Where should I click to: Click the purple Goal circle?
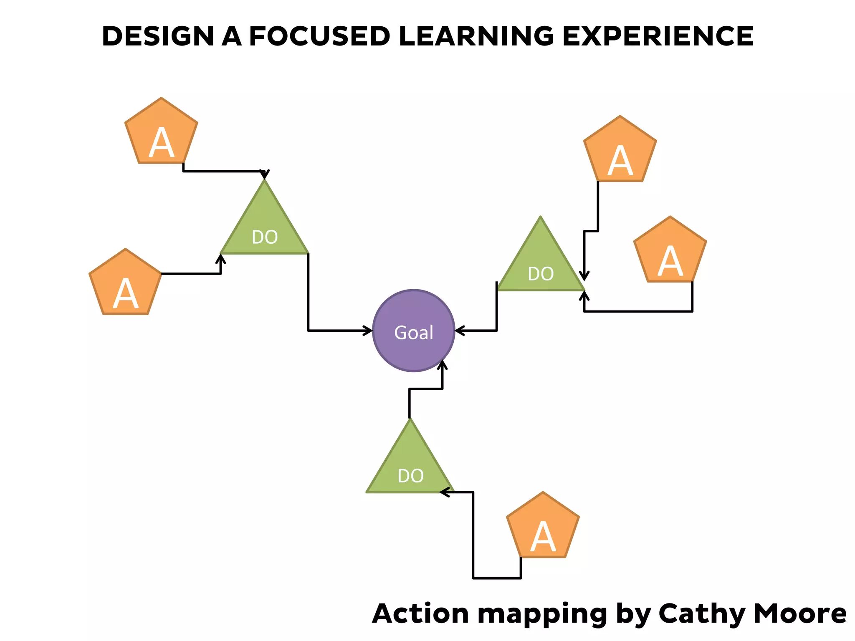413,331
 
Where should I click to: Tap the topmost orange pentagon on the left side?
161,134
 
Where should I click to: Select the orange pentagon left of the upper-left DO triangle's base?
125,285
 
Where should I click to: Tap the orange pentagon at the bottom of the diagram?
543,528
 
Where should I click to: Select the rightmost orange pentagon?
670,252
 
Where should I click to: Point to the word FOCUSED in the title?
319,36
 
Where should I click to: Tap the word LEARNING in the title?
476,36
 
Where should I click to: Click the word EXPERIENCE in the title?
658,36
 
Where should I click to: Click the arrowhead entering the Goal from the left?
368,331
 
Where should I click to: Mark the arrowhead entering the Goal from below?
443,364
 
